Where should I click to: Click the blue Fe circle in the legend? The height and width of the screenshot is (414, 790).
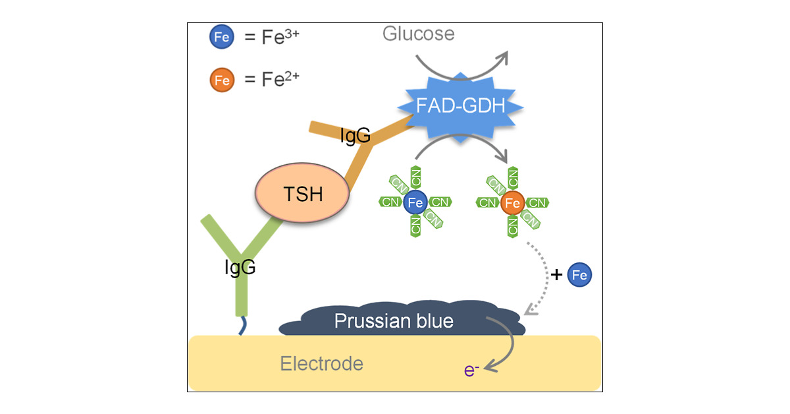tap(221, 38)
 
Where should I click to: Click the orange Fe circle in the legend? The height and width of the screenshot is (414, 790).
tap(221, 80)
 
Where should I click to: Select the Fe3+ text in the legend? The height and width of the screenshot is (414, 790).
tap(273, 37)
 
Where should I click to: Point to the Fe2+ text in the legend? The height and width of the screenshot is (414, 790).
tap(273, 80)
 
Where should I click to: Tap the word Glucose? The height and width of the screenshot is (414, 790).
tap(418, 34)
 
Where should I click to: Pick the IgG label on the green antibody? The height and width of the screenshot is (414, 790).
tap(239, 267)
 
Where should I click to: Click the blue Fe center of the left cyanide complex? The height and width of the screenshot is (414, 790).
tap(415, 202)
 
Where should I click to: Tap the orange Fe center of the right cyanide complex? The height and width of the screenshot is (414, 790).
tap(512, 203)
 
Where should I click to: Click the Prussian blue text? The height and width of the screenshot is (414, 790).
tap(394, 321)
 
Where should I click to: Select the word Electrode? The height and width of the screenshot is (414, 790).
tap(321, 363)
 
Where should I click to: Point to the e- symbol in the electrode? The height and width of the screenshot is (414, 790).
tap(471, 370)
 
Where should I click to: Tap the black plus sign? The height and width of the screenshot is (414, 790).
tap(557, 275)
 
